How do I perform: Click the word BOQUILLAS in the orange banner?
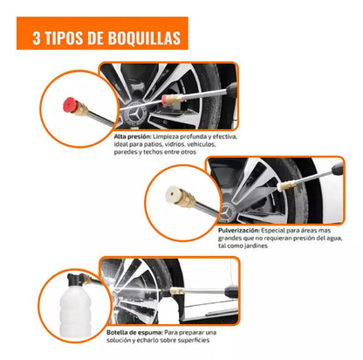(x=142, y=38)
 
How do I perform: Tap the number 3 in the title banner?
(x=37, y=38)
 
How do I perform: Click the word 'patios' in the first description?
(x=163, y=145)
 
